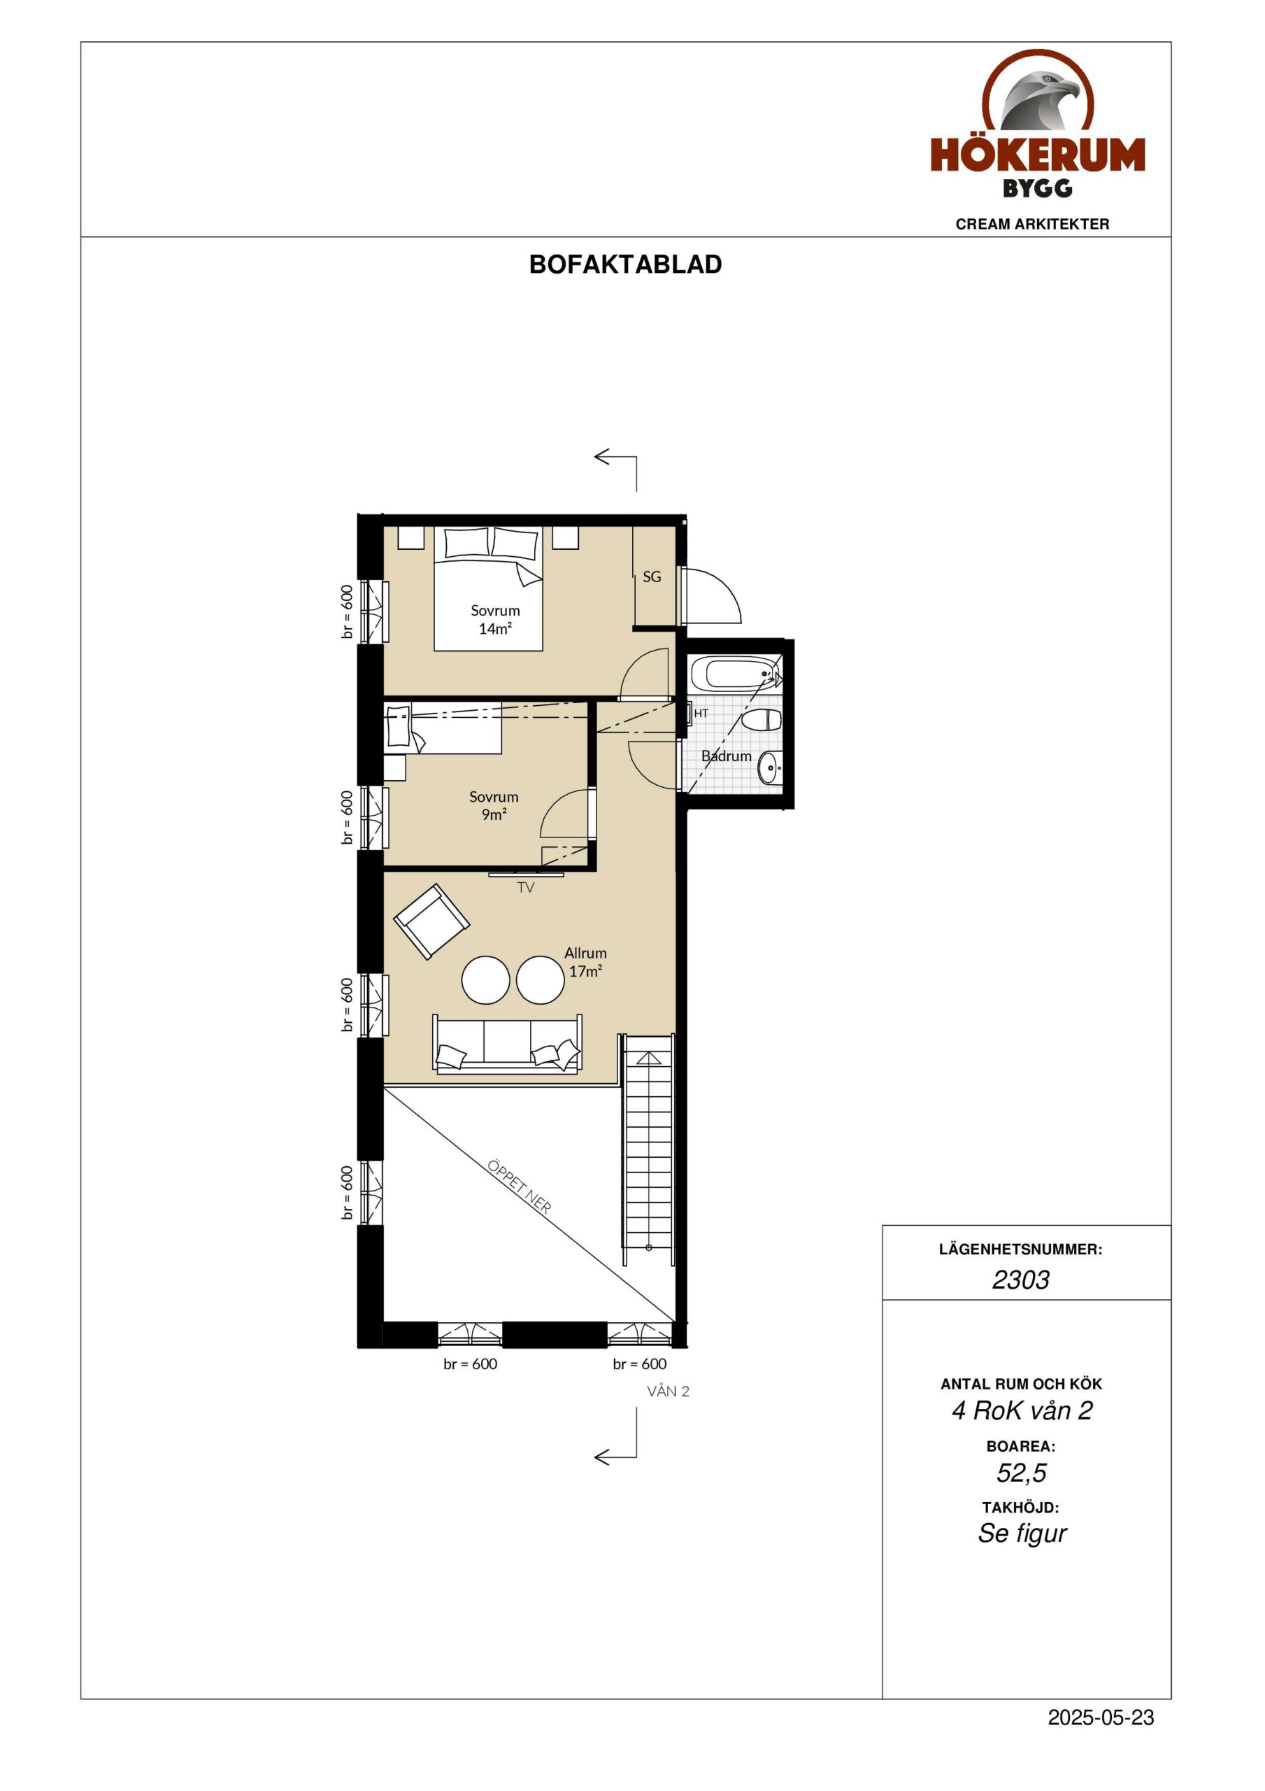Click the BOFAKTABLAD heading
click(625, 264)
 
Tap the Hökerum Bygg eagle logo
click(1037, 123)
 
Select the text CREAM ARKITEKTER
click(1032, 224)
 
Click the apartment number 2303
click(1020, 1280)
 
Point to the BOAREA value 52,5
click(1021, 1473)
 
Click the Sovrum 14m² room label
click(495, 619)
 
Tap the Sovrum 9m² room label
click(494, 805)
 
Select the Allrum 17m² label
click(586, 962)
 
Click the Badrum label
click(726, 756)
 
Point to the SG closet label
click(652, 577)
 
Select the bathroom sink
click(770, 768)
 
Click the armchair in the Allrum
click(431, 921)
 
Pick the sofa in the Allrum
click(507, 1044)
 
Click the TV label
click(526, 888)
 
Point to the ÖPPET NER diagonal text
click(520, 1187)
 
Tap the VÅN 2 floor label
click(669, 1392)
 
